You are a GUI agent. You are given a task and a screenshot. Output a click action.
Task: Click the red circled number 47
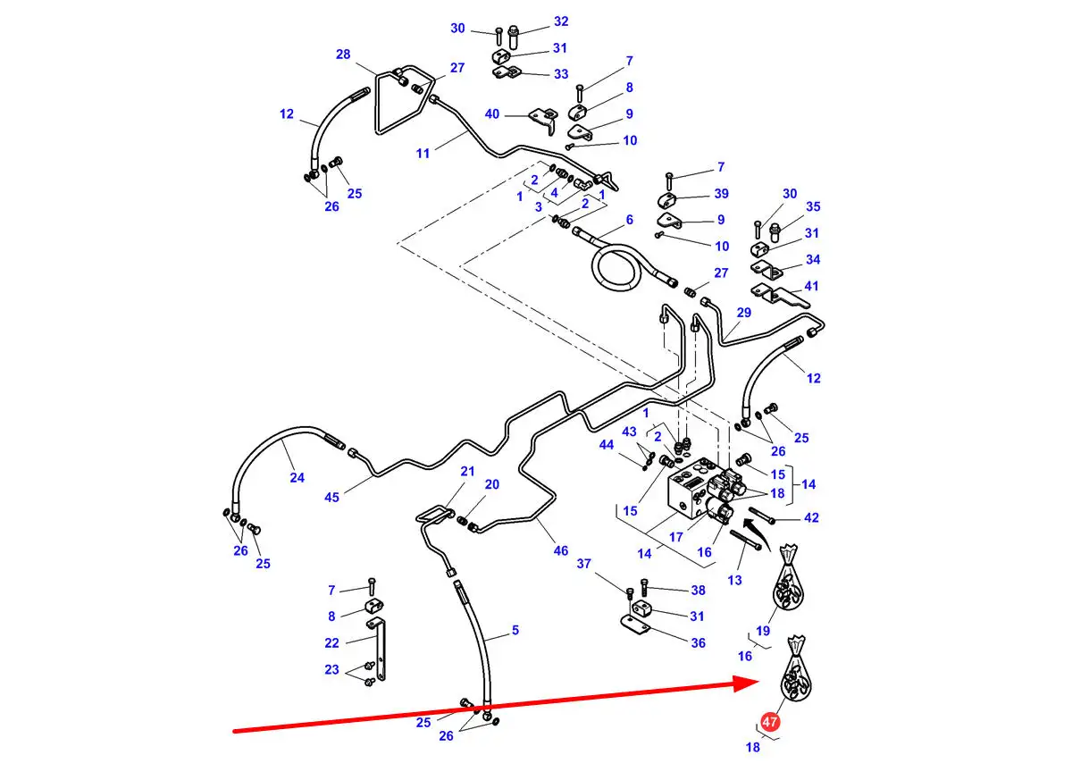pyautogui.click(x=770, y=722)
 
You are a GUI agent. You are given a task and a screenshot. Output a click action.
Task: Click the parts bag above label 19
pyautogui.click(x=788, y=583)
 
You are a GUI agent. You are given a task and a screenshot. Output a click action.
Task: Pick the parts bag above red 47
pyautogui.click(x=795, y=673)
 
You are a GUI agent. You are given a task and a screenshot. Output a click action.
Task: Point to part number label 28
pyautogui.click(x=343, y=55)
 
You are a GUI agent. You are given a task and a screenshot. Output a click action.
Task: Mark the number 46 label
pyautogui.click(x=560, y=551)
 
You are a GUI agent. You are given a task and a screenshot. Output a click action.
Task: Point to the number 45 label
pyautogui.click(x=331, y=497)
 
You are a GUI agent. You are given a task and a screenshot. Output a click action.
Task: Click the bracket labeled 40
pyautogui.click(x=543, y=114)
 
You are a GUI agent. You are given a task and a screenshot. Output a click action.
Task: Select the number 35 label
pyautogui.click(x=812, y=206)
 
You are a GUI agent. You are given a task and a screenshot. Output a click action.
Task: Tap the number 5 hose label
pyautogui.click(x=515, y=631)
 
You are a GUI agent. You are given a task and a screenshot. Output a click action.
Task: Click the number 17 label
pyautogui.click(x=676, y=537)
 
